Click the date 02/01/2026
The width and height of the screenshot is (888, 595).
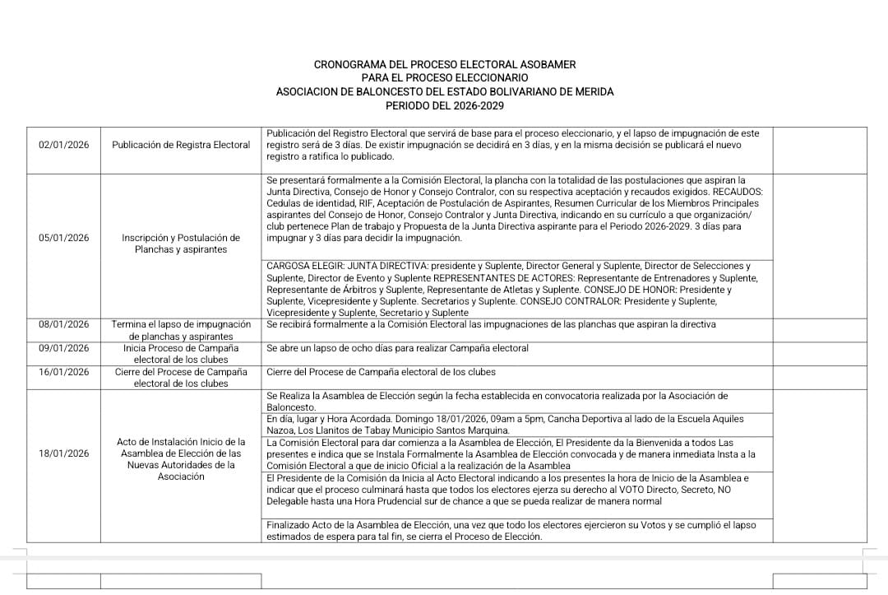tap(64, 145)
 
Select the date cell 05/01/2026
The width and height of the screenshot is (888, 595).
tap(64, 238)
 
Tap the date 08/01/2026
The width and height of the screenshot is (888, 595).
tap(64, 324)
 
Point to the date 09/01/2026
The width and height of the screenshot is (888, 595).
tap(64, 348)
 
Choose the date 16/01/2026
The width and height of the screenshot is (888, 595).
tap(64, 372)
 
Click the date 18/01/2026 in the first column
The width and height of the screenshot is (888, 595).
tap(64, 453)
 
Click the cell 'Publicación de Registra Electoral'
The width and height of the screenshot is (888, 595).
tap(181, 145)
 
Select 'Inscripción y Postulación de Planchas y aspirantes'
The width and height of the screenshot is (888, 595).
tap(181, 244)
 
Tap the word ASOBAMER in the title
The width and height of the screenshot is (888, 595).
tap(546, 64)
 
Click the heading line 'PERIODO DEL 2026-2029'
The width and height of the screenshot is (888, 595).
tap(445, 106)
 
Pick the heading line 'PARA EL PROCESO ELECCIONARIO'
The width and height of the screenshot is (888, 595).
tap(445, 78)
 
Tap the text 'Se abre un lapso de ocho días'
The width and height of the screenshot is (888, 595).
tap(332, 348)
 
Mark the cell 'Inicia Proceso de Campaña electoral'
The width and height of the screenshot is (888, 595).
tap(181, 354)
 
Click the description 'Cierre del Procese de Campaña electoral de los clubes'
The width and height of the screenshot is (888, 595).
tap(381, 372)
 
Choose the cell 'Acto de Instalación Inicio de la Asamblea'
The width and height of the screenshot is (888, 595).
tap(181, 459)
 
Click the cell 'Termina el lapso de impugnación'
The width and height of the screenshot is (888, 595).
tap(181, 330)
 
